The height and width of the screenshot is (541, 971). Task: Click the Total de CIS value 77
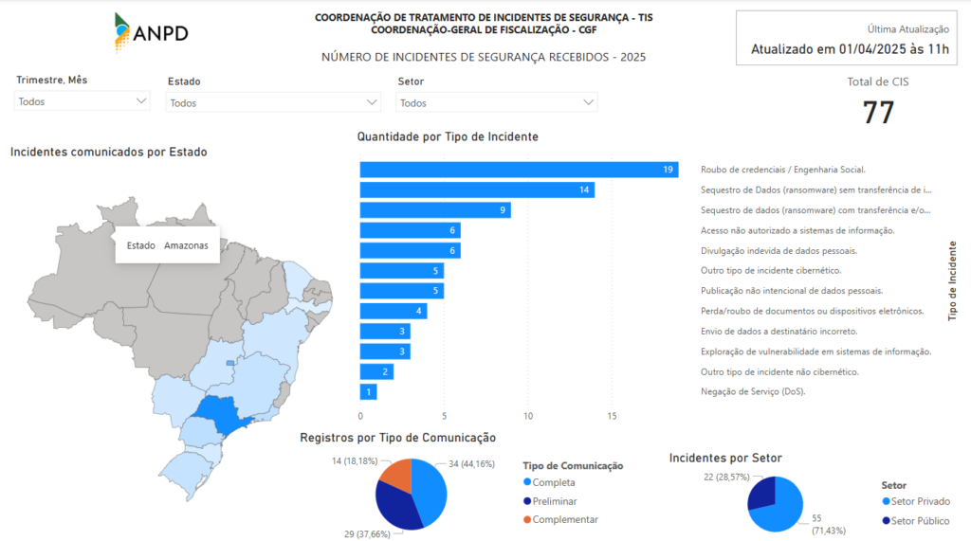[x=878, y=112]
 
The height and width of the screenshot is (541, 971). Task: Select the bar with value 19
[x=518, y=170]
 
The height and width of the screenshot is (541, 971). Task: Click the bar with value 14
[x=477, y=189]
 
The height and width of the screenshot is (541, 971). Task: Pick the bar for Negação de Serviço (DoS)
[x=368, y=391]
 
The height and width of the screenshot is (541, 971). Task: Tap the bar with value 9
[x=435, y=210]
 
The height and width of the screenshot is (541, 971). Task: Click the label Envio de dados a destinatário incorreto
[x=779, y=331]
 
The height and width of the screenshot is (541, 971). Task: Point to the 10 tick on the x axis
[x=528, y=416]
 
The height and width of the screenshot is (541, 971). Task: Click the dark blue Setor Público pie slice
[x=761, y=492]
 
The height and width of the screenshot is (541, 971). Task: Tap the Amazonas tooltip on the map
[x=167, y=245]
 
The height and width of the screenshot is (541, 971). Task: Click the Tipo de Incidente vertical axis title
[x=952, y=281]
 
